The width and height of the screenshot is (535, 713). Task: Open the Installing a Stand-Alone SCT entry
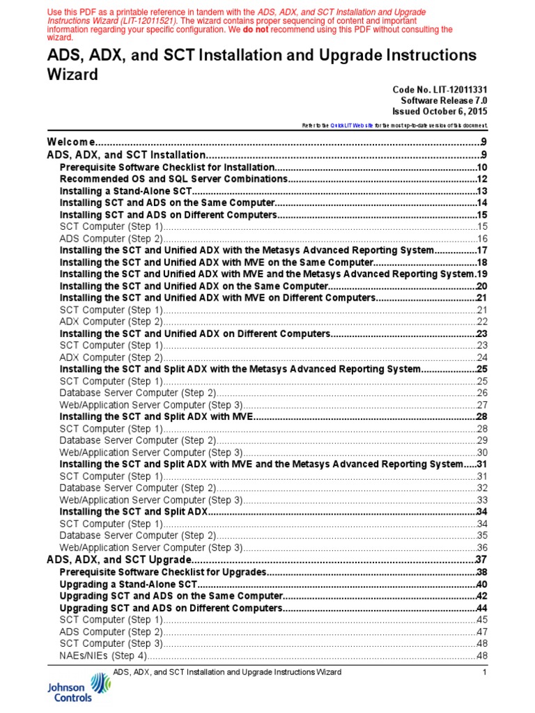125,191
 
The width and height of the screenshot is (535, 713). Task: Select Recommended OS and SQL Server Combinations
173,180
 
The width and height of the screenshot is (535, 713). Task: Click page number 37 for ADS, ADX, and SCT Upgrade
481,560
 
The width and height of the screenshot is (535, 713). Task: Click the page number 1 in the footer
484,673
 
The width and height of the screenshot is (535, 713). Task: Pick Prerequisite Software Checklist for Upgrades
163,572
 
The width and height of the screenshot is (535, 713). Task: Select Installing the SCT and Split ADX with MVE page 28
481,416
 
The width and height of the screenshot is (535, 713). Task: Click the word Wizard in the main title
72,74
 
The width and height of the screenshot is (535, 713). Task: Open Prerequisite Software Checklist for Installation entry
167,168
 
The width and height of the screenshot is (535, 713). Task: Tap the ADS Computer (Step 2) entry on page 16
111,239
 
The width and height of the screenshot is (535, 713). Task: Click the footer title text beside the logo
227,673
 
